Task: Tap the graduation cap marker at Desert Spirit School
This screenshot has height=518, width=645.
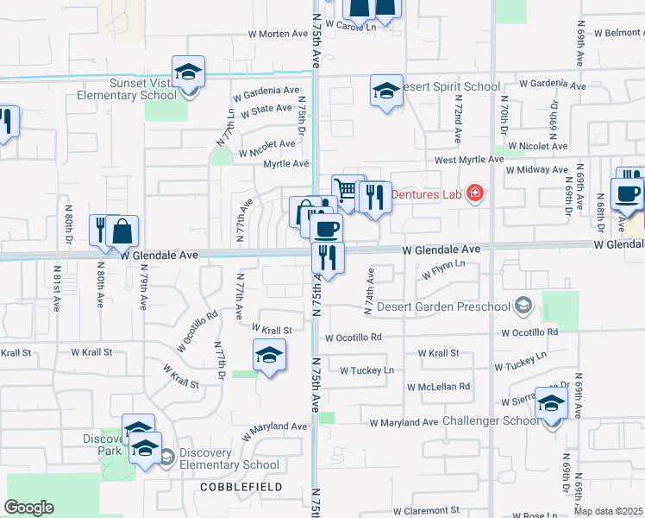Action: pyautogui.click(x=386, y=90)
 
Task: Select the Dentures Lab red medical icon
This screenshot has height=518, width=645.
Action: pyautogui.click(x=473, y=193)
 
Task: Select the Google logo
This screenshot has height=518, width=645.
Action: pyautogui.click(x=28, y=508)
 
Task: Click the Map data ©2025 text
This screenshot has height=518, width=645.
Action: pyautogui.click(x=609, y=511)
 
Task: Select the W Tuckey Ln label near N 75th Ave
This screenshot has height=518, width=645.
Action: pyautogui.click(x=366, y=370)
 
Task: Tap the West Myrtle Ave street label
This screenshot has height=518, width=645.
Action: pyautogui.click(x=469, y=160)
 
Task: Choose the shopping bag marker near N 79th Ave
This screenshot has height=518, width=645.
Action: pyautogui.click(x=123, y=231)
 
